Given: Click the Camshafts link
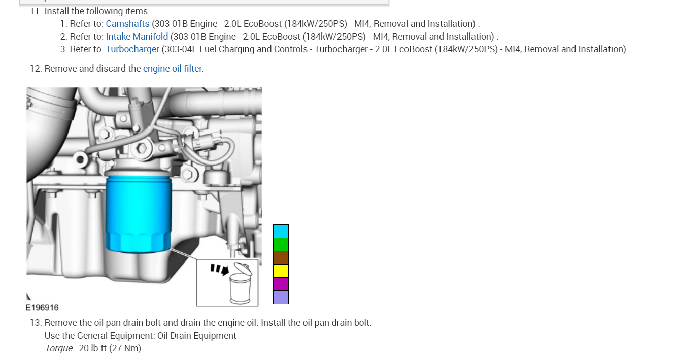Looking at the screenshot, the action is tap(127, 23).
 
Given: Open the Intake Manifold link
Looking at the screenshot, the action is tap(137, 36).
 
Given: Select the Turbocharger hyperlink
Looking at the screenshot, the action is tap(132, 49).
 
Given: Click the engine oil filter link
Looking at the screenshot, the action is tap(172, 69).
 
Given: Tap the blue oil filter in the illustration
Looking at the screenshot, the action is tap(139, 215).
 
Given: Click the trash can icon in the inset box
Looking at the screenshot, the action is tap(241, 283).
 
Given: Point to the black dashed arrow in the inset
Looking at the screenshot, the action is tap(220, 269).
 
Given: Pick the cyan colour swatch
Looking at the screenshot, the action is tap(281, 231).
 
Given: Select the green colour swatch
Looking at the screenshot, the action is tap(281, 245).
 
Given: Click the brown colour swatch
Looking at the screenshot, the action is tap(281, 258).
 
